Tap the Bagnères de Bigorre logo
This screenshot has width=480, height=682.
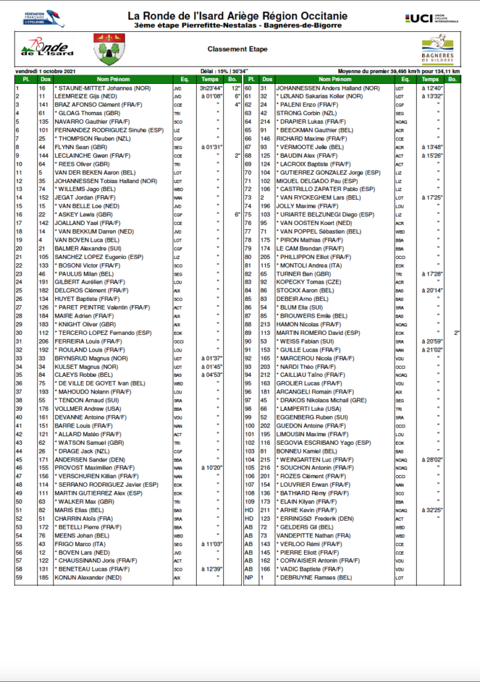[x=437, y=51]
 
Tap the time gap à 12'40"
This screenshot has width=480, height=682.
[x=431, y=87]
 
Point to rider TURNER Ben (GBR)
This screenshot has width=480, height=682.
[x=301, y=273]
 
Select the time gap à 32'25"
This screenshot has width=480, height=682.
[x=431, y=510]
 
